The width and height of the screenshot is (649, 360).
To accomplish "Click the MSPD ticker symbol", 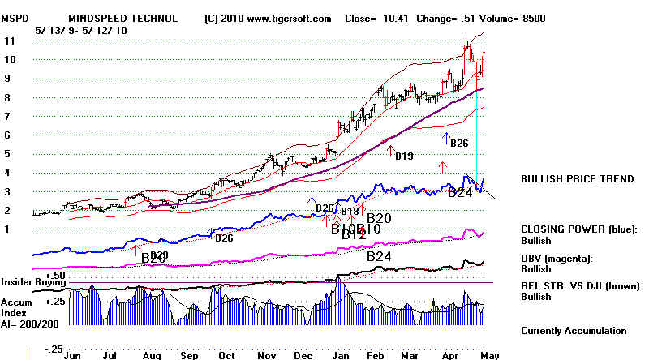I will [x=17, y=18].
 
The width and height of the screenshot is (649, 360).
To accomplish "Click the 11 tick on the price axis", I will [x=10, y=41].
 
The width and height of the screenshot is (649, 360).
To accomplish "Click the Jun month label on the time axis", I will [x=72, y=354].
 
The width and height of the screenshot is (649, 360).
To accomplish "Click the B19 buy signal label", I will [x=404, y=156].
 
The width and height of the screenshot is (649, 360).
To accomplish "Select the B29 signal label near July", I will [x=154, y=257].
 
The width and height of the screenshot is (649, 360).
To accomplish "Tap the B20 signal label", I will [x=379, y=218].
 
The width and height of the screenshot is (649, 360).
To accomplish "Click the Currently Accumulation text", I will [x=574, y=330].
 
